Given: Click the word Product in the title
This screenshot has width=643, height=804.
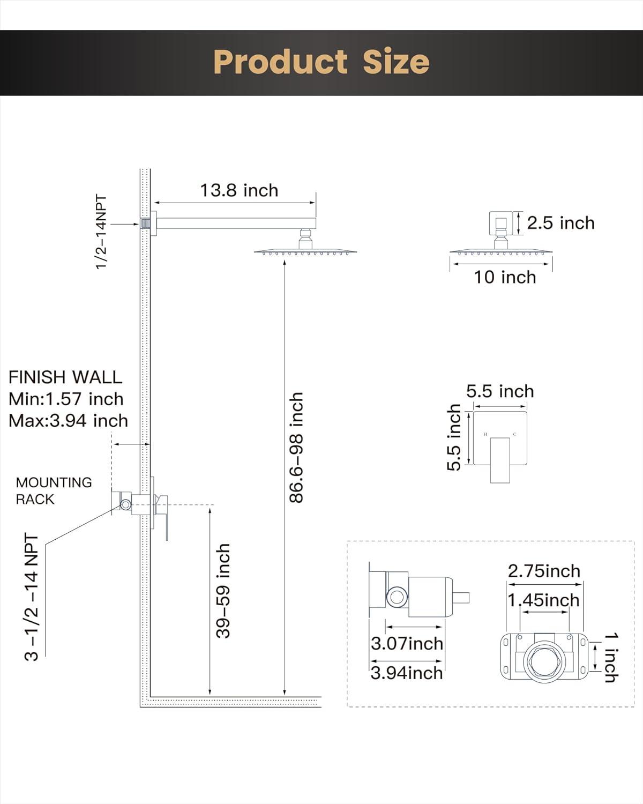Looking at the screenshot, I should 280,62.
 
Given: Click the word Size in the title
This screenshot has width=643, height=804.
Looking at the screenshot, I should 396,62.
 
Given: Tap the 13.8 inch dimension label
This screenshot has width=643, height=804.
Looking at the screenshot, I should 239,190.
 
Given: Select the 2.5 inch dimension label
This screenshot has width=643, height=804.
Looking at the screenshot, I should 560,223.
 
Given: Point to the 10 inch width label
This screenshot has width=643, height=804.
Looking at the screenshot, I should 504,277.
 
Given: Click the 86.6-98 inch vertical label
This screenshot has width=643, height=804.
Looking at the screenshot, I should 296,448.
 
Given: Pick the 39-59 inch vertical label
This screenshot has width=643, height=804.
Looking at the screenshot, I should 223,591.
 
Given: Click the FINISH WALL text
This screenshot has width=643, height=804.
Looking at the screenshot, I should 65,377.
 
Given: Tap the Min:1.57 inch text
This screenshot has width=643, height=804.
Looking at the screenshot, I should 66,399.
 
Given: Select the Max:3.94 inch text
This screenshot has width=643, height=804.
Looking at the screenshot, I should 68,421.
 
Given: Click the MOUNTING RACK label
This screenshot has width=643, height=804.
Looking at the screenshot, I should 53,490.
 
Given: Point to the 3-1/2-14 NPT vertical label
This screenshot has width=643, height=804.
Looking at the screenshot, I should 32,597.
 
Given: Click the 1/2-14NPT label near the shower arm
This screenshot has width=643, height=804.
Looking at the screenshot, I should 101,232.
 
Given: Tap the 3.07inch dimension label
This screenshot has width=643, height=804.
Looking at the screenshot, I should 407,643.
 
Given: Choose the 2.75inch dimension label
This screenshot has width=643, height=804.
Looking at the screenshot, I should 544,571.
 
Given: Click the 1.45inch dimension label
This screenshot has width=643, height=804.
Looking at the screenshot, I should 544,600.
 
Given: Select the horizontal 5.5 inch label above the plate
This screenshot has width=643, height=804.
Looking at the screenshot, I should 499,391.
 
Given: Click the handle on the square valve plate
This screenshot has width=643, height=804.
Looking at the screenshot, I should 499,460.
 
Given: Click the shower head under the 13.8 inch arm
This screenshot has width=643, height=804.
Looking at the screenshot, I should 305,250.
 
